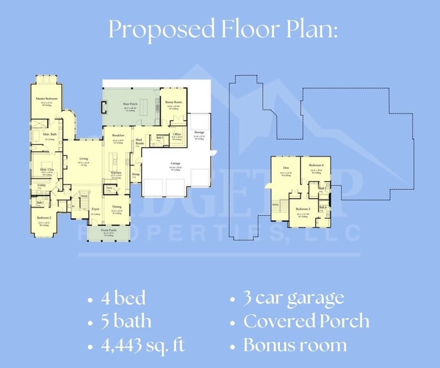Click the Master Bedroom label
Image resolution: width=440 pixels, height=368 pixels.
(x=47, y=99)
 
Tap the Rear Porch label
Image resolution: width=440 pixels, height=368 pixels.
(x=130, y=104)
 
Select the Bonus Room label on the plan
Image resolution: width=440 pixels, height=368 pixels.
(x=174, y=103)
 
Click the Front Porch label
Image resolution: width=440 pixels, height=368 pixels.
(x=108, y=230)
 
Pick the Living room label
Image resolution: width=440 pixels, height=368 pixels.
(x=83, y=159)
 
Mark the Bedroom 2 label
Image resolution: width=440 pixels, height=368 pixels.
(x=45, y=218)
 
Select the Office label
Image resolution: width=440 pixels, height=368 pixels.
(x=177, y=134)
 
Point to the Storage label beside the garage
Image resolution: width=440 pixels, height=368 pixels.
(x=199, y=132)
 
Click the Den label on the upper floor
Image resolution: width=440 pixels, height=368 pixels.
(x=286, y=168)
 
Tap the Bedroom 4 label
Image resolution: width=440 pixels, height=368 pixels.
(x=316, y=165)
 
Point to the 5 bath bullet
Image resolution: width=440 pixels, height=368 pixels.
(x=126, y=321)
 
